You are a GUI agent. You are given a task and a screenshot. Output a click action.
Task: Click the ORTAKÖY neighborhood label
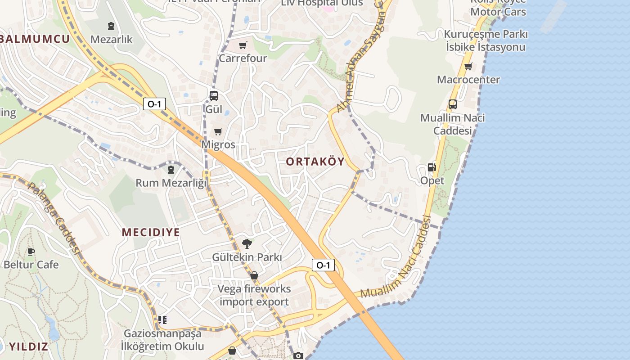click(315, 162)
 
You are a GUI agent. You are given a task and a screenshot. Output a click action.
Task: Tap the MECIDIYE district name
click(151, 232)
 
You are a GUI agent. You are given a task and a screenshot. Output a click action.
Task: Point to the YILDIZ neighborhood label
click(29, 346)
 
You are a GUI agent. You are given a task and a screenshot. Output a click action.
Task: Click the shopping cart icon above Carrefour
click(243, 45)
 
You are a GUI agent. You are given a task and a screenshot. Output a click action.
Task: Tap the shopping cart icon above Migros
click(218, 131)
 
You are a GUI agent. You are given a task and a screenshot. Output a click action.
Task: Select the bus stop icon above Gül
click(214, 95)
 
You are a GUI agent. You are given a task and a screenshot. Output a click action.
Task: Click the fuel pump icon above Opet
click(432, 167)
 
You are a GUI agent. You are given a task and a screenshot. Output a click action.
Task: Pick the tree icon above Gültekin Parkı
click(247, 244)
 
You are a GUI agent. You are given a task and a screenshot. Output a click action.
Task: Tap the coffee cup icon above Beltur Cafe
click(31, 252)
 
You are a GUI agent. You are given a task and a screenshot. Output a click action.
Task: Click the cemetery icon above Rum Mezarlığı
click(171, 170)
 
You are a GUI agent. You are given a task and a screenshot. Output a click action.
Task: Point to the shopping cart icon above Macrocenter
click(468, 67)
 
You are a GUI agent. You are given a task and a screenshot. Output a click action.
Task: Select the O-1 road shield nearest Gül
click(154, 104)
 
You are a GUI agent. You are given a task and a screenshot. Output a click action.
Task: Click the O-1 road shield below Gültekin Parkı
click(323, 265)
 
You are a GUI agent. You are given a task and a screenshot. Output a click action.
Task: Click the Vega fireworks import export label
click(254, 295)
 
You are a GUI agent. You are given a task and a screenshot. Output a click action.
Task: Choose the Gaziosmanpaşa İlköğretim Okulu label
click(162, 340)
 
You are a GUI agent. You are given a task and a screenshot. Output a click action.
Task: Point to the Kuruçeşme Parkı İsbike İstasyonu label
click(486, 40)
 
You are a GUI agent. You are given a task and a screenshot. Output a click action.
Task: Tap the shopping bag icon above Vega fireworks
click(254, 275)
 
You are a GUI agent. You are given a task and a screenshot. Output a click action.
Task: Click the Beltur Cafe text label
click(31, 264)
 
